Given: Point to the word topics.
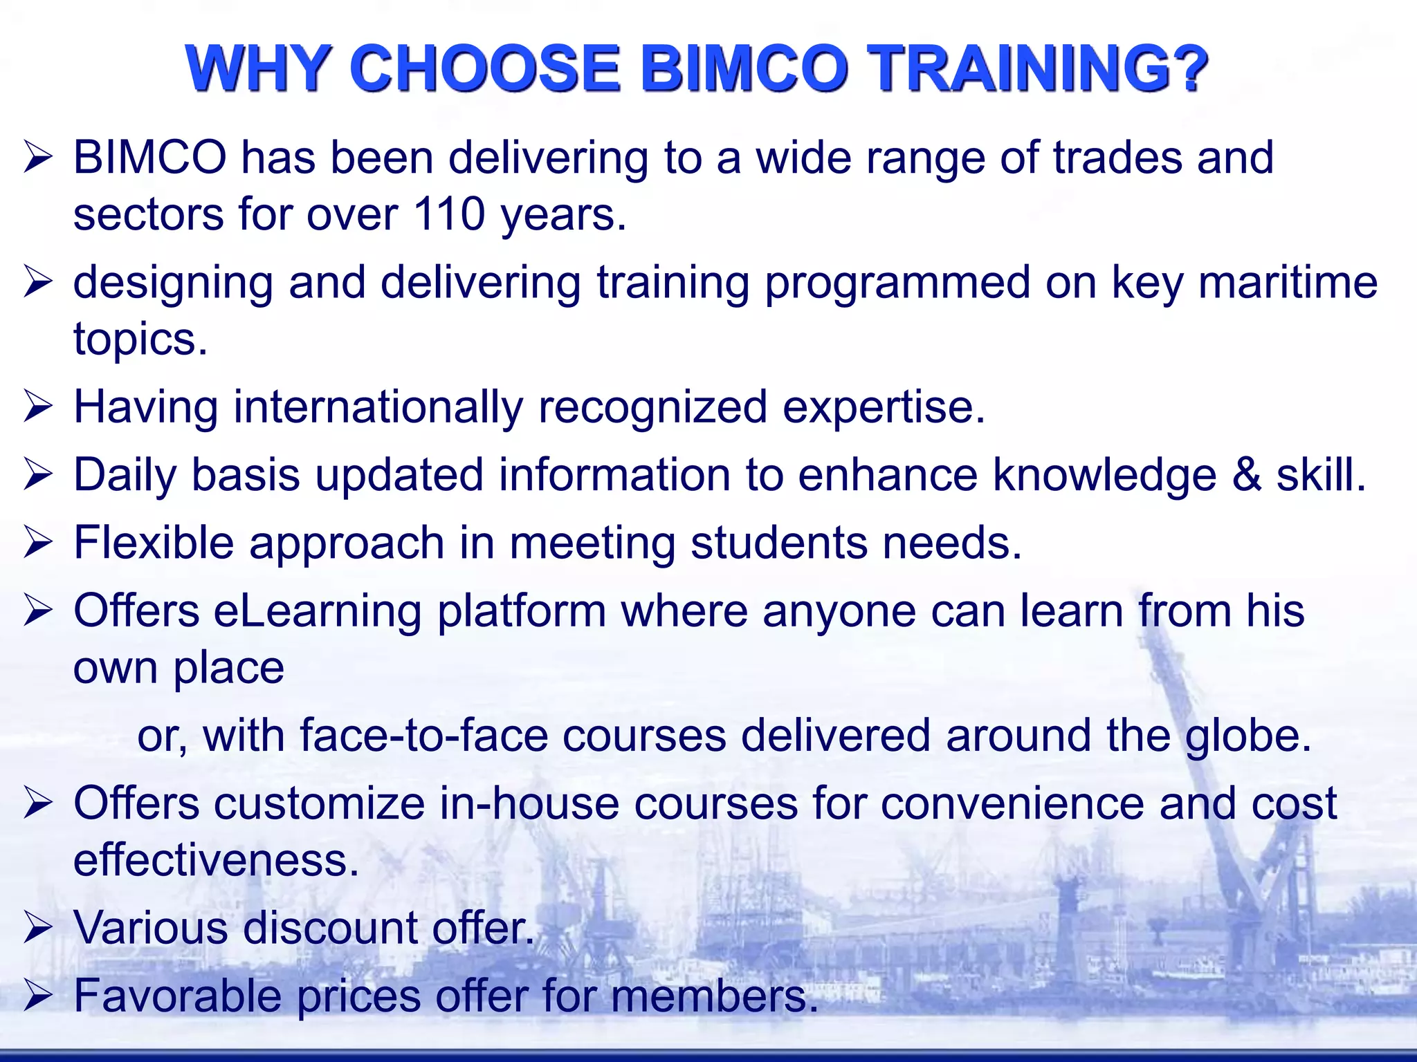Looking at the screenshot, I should pyautogui.click(x=140, y=340).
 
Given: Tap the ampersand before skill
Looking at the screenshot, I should pyautogui.click(x=1246, y=475).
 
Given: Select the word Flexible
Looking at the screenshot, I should pyautogui.click(x=154, y=543).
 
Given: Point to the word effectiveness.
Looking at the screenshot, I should pyautogui.click(x=216, y=860).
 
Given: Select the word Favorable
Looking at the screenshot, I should pyautogui.click(x=178, y=996).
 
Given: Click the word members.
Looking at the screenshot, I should pyautogui.click(x=715, y=996).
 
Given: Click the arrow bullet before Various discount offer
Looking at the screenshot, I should pyautogui.click(x=38, y=929).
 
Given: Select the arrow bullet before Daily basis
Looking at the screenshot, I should pyautogui.click(x=38, y=475).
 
